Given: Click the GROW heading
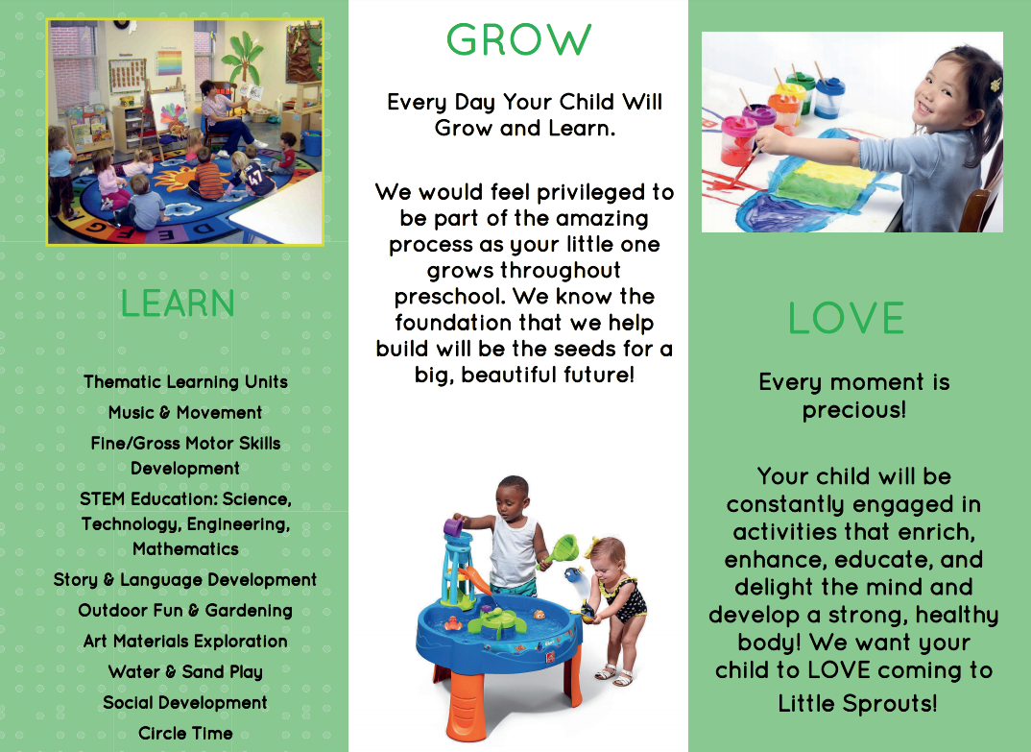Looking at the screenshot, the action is pos(518,40).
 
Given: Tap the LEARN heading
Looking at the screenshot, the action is pos(178,303).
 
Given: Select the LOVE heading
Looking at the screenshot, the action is pos(846,318).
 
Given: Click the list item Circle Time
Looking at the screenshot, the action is pos(185,733).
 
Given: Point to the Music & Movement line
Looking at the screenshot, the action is pos(185,413).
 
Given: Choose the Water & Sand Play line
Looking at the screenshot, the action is pos(185,671).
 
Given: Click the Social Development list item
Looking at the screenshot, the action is pos(185,703).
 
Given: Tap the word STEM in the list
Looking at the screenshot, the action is pos(102,499).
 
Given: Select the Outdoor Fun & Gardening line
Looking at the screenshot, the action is pos(185,611).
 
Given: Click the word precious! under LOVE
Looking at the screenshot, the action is pos(854,410).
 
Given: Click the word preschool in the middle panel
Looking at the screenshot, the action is pos(449,297).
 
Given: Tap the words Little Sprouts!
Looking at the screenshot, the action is pos(857,703).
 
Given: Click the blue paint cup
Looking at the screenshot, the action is pos(829,96).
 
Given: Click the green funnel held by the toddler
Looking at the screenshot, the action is pos(561,550).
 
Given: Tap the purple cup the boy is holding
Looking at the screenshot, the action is pos(453,527).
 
